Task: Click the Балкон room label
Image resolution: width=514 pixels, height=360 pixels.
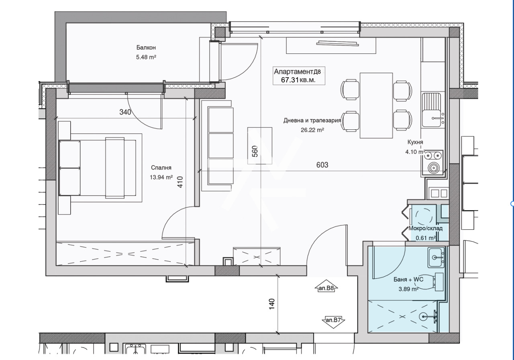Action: click(146, 47)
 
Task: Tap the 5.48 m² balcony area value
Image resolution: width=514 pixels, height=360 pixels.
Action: click(146, 57)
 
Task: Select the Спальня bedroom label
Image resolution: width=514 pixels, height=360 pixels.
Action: click(161, 168)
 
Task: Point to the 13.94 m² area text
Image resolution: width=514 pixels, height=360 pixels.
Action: click(161, 177)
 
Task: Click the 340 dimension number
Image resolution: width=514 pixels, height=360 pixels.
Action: click(125, 112)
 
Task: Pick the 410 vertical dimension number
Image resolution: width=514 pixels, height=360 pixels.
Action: click(180, 182)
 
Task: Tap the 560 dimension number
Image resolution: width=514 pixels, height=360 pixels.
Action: click(255, 151)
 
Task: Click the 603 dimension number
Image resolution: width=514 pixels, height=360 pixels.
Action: click(322, 165)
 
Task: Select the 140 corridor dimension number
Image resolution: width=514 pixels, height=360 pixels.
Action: click(272, 304)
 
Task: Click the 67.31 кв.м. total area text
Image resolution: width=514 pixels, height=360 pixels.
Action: click(298, 80)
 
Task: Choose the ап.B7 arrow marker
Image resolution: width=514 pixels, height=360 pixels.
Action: click(333, 320)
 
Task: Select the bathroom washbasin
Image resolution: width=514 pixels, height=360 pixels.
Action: click(436, 257)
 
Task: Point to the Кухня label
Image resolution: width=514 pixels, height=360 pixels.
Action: click(415, 142)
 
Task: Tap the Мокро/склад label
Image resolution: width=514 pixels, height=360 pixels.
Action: click(425, 229)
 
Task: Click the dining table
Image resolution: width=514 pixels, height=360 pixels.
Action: click(376, 106)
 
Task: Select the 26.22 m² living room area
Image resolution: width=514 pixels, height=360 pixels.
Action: click(312, 130)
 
